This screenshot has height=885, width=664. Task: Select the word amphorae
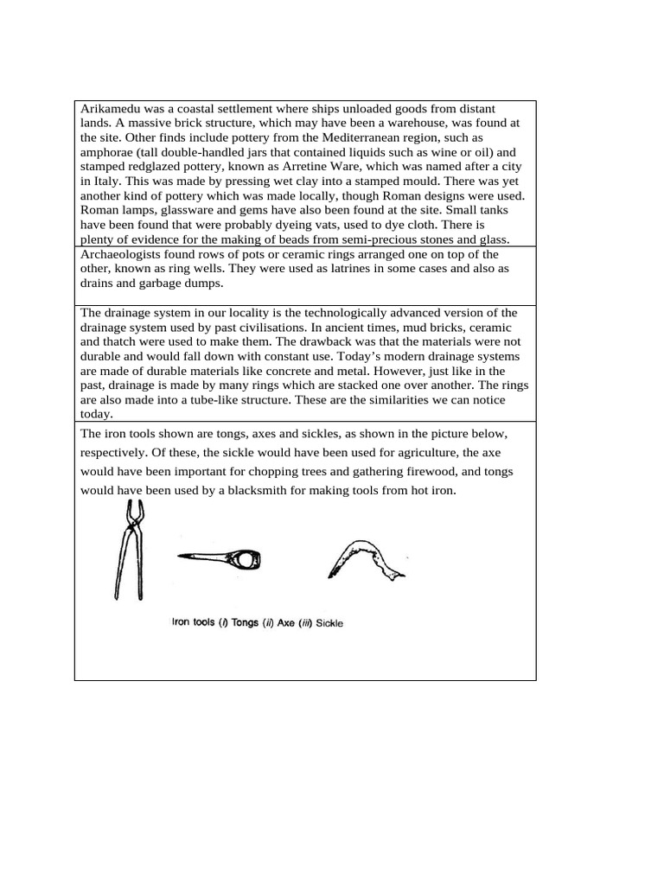109,152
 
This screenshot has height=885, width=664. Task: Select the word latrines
313,269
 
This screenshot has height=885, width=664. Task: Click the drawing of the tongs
128,552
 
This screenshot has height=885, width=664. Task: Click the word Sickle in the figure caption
329,623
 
